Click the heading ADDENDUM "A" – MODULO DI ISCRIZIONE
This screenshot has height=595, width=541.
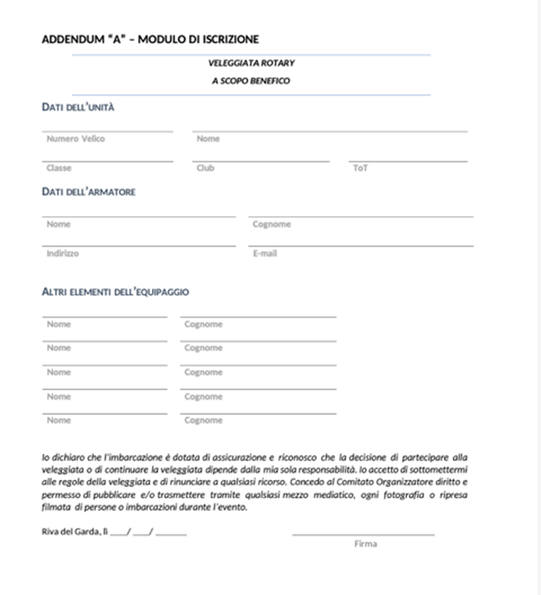150,39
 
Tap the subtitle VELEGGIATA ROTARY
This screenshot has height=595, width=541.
251,63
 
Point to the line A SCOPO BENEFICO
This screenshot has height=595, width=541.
251,81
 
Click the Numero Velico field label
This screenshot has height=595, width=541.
75,139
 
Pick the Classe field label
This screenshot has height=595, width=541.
59,168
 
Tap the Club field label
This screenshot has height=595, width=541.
205,168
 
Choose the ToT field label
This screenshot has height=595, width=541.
360,168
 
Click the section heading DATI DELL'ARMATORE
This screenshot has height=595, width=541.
88,192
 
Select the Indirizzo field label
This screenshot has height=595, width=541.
63,254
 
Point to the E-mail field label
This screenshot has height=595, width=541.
265,254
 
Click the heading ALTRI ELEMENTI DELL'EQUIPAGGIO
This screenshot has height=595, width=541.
115,292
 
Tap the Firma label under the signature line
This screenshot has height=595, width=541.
365,543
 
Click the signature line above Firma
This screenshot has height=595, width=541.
363,535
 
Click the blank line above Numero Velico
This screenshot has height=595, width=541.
107,132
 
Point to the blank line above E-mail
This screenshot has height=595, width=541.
360,246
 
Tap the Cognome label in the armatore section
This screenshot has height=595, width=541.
272,224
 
